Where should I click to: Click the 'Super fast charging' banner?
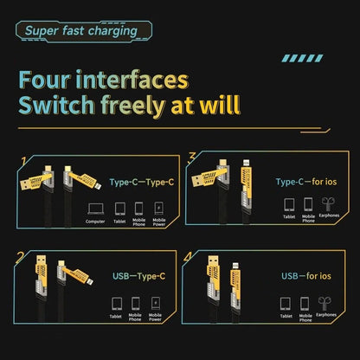[80, 31]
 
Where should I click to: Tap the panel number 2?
[19, 258]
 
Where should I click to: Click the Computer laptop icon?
[94, 209]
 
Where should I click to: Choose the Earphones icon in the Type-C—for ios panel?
[325, 206]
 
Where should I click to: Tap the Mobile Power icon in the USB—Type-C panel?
[156, 304]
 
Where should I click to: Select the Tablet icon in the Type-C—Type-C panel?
[119, 209]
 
